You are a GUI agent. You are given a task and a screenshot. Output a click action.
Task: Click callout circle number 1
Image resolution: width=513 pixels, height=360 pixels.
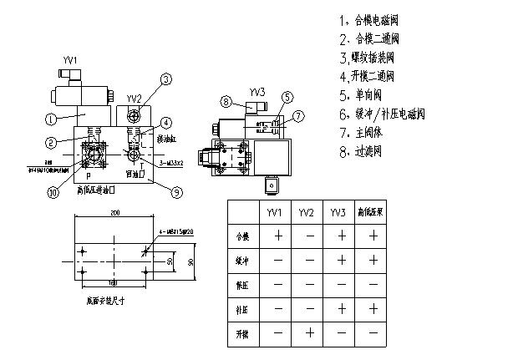50,119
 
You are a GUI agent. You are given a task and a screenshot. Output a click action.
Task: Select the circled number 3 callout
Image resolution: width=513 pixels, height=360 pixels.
166,79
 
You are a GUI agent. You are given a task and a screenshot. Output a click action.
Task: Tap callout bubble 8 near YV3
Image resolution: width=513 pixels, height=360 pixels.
226,102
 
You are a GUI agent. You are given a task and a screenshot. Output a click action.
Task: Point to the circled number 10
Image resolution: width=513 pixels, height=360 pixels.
53,192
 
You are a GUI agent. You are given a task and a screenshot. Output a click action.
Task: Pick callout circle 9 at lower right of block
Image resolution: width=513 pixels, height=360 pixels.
175,192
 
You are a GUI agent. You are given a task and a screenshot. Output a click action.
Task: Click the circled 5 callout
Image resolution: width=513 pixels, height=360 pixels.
287,98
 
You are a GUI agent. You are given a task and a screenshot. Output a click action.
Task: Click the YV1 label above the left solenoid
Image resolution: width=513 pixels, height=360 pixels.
71,60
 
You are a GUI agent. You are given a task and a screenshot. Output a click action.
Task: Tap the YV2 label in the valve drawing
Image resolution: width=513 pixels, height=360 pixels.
134,99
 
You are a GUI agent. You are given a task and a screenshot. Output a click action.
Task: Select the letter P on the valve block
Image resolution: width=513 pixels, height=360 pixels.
89,176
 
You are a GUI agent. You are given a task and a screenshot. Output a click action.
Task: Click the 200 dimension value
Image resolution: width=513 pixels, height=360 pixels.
113,213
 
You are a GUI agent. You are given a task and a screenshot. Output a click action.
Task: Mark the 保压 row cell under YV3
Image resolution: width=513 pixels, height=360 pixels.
338,285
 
